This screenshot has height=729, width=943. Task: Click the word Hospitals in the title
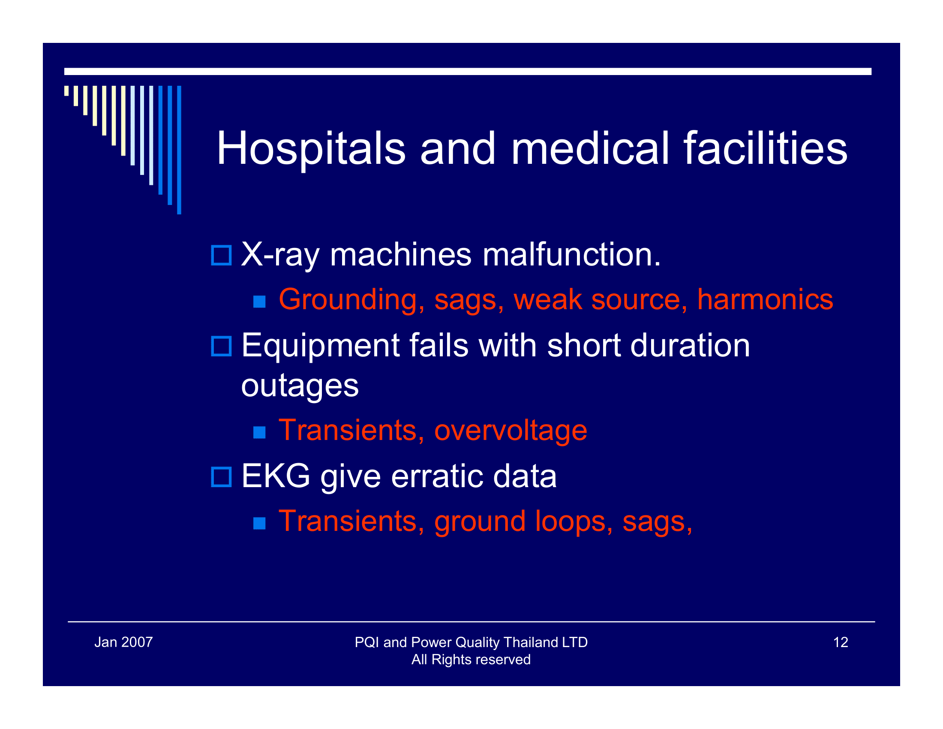311,149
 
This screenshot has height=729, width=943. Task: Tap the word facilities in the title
765,149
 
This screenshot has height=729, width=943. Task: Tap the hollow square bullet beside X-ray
221,255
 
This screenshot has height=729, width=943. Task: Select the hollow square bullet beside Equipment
221,346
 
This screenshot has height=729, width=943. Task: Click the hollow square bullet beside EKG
221,477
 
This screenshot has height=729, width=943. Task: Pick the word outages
300,386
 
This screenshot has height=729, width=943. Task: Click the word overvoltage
511,430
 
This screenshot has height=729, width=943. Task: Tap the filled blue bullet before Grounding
259,301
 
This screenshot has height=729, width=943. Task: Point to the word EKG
276,476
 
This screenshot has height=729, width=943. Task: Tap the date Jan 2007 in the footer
123,642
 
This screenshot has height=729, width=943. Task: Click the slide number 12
840,642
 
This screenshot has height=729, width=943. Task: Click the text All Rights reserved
471,660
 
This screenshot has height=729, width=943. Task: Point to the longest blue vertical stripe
179,150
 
